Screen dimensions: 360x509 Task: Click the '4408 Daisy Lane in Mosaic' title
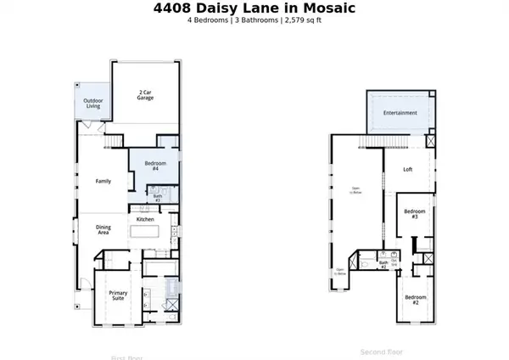(x=255, y=8)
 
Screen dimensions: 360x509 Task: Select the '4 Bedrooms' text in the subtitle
(x=208, y=20)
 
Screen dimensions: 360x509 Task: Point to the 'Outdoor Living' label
(x=92, y=104)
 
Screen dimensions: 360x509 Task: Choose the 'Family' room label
(x=103, y=181)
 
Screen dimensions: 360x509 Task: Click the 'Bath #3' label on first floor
(x=158, y=198)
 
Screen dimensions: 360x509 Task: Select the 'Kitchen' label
(x=145, y=219)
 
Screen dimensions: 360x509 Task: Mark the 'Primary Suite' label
(x=118, y=295)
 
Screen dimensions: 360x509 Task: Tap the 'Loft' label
(x=407, y=169)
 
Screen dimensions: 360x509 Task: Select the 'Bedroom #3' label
(x=414, y=213)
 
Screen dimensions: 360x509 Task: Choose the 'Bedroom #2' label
(x=414, y=299)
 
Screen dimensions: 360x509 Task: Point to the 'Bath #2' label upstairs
(x=383, y=264)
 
